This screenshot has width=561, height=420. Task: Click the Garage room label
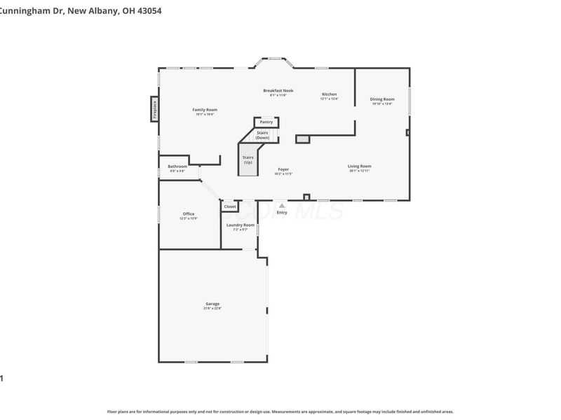tap(212, 304)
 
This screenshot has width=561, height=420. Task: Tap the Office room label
tap(189, 213)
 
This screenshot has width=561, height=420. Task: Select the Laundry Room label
tap(241, 225)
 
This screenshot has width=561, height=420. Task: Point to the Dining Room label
tap(382, 99)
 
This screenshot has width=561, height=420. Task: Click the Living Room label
tap(359, 166)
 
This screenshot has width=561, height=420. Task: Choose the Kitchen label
tap(329, 94)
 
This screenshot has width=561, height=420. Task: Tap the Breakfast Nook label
tap(278, 90)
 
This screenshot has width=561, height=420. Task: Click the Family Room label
tap(205, 110)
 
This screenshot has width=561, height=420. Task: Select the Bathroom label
tap(177, 167)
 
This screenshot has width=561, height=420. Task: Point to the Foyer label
tap(283, 169)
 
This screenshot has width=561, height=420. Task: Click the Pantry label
tap(266, 122)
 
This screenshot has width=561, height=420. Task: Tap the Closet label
tap(230, 206)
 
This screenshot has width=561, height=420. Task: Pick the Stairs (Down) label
tap(262, 135)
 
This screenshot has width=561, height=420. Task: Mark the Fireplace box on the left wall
tap(155, 109)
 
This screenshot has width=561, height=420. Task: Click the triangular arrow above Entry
tap(281, 206)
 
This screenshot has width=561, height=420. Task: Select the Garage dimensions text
tap(212, 309)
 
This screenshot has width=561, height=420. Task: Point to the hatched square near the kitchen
tap(302, 139)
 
